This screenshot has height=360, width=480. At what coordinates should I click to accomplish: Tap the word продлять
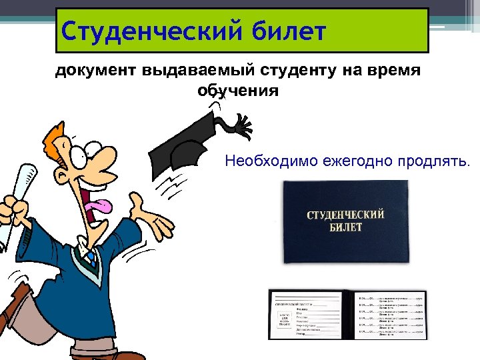pyautogui.click(x=433, y=161)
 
